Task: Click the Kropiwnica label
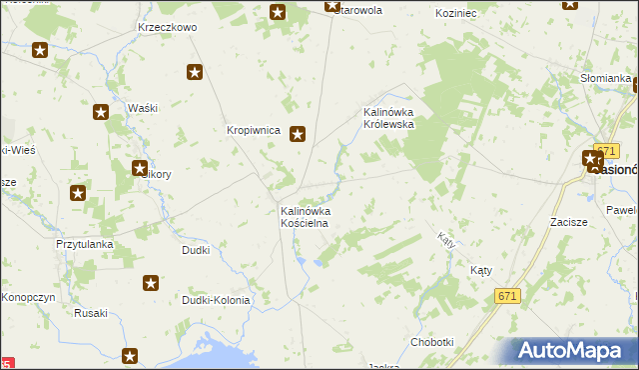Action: point(253,130)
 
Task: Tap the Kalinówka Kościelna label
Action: point(305,218)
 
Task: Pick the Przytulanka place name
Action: point(85,244)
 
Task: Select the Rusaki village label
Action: point(91,313)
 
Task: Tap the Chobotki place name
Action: point(432,342)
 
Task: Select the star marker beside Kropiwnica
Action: point(298,133)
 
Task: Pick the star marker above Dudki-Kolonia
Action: point(151,284)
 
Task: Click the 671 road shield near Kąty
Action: point(508,295)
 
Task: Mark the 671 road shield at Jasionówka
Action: point(604,149)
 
